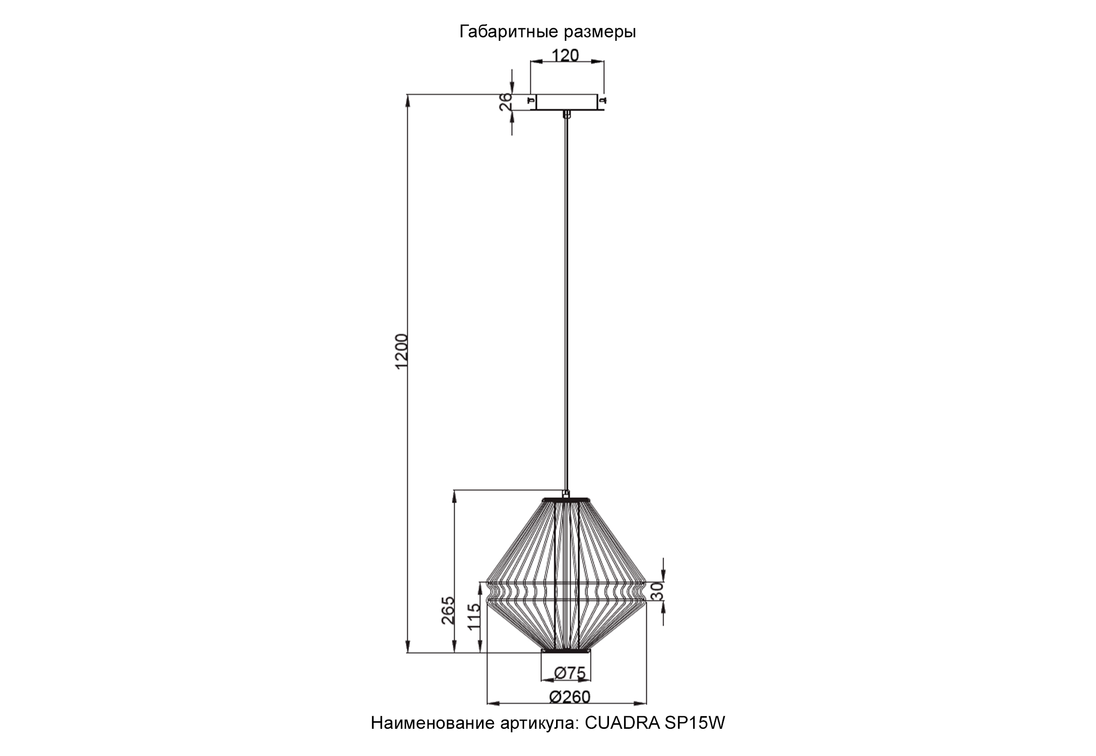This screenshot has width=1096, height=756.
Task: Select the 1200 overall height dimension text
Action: click(x=401, y=351)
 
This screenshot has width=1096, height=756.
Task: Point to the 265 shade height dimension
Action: click(x=448, y=610)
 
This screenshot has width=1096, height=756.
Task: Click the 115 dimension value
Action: click(x=474, y=616)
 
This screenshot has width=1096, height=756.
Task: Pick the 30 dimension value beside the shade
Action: click(x=657, y=590)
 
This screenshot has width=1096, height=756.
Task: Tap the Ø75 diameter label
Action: click(x=569, y=672)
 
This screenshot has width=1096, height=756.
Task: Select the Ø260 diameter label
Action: click(x=569, y=697)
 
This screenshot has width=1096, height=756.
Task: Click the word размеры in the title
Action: click(x=599, y=32)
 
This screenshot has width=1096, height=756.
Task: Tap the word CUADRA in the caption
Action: click(x=622, y=723)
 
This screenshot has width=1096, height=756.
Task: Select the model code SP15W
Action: click(x=695, y=723)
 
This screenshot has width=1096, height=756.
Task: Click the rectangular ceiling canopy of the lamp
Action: click(x=567, y=102)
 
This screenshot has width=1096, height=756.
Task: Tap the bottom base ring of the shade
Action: click(x=566, y=651)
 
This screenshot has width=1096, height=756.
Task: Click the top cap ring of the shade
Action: click(x=566, y=499)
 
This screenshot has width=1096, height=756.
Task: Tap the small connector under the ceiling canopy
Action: click(x=567, y=114)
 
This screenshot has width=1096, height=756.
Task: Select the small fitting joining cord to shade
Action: click(x=566, y=493)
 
